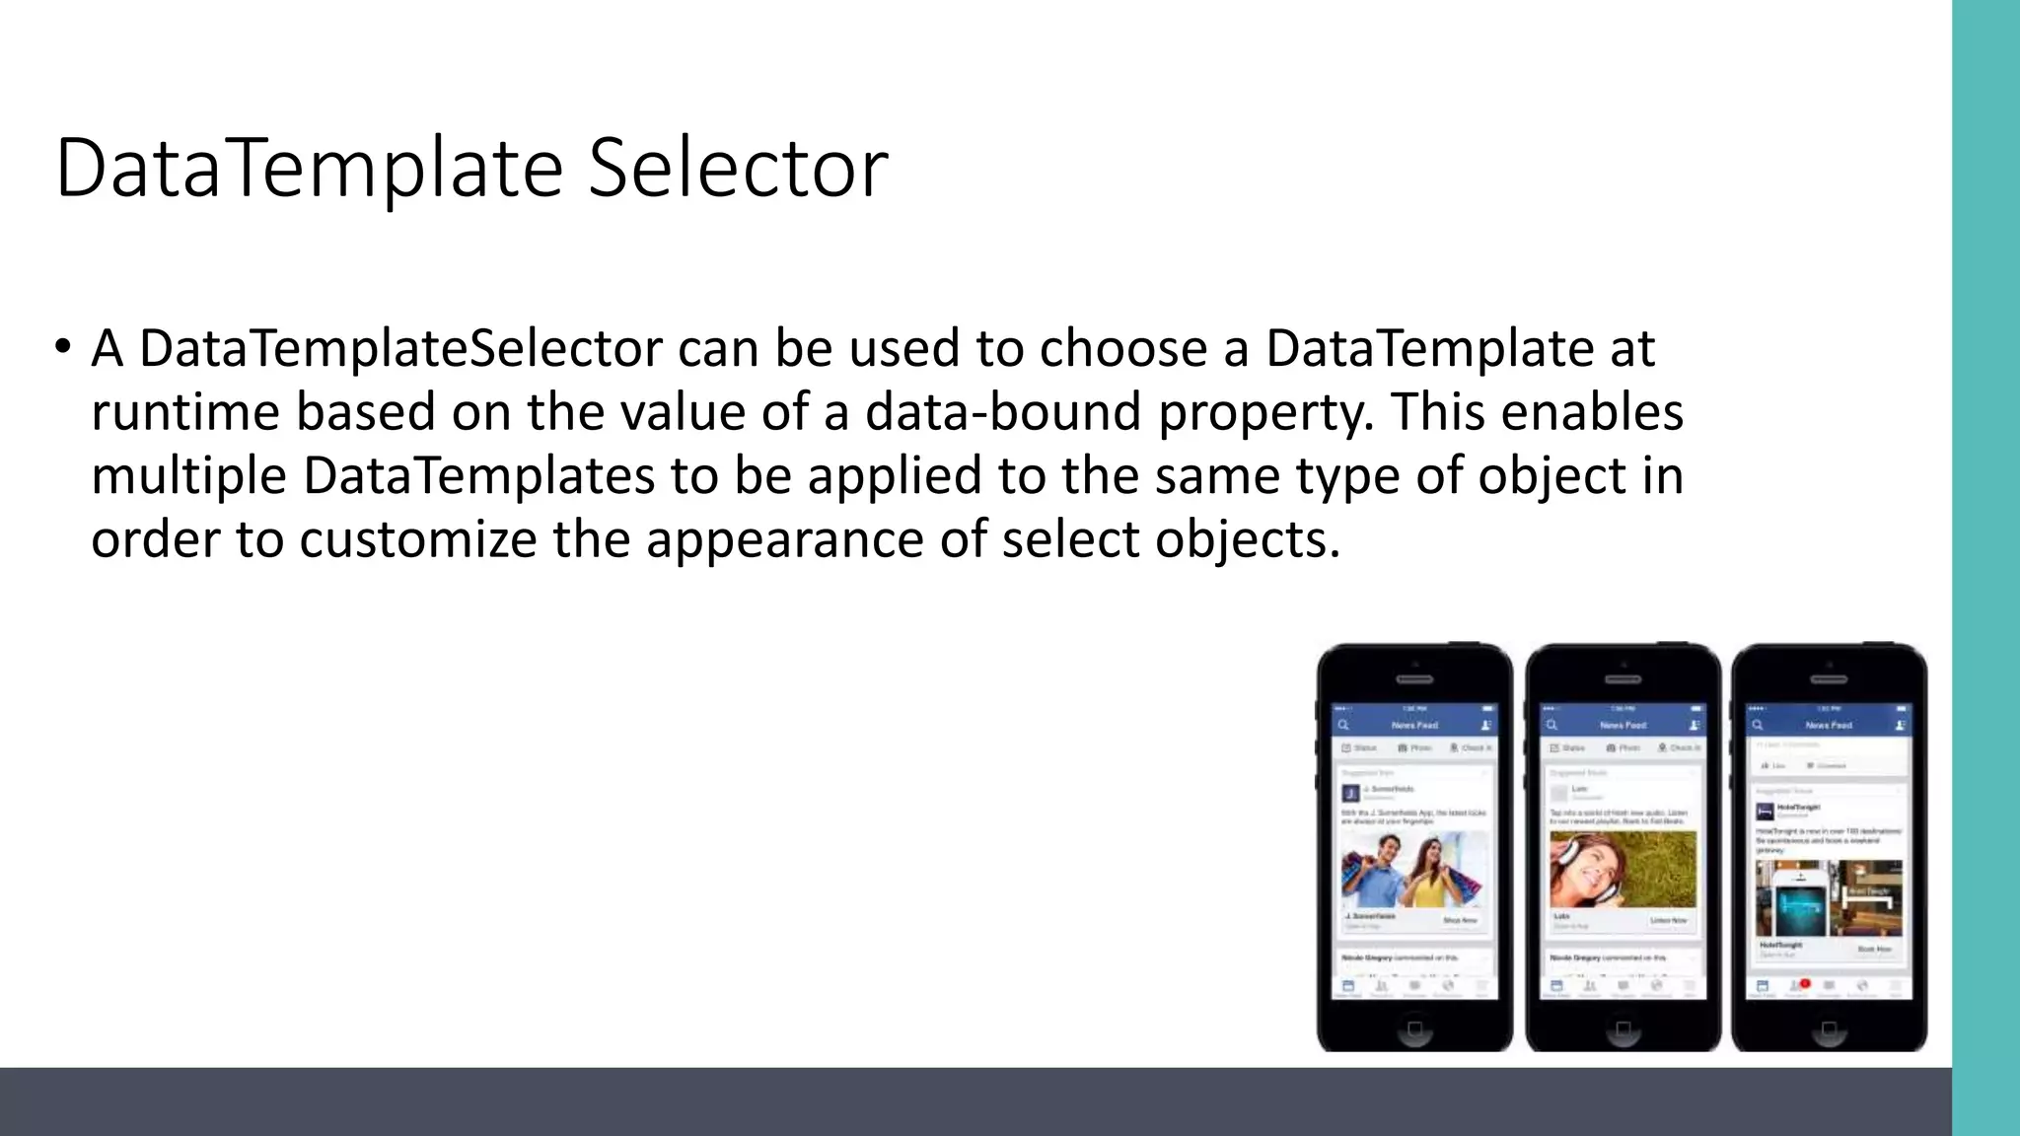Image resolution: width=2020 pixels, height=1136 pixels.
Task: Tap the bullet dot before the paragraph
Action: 63,346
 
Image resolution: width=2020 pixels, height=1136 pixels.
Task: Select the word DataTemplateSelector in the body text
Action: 400,348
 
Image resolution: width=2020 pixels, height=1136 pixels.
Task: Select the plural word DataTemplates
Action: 478,476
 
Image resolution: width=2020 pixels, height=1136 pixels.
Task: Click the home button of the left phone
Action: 1414,1029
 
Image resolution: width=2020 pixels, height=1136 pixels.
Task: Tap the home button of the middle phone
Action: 1623,1029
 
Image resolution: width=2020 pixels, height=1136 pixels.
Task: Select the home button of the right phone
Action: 1829,1029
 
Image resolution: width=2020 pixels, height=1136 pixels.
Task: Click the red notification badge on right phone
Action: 1804,983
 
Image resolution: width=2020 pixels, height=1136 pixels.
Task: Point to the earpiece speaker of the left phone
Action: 1414,679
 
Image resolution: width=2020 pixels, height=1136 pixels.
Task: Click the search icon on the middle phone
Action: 1551,725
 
